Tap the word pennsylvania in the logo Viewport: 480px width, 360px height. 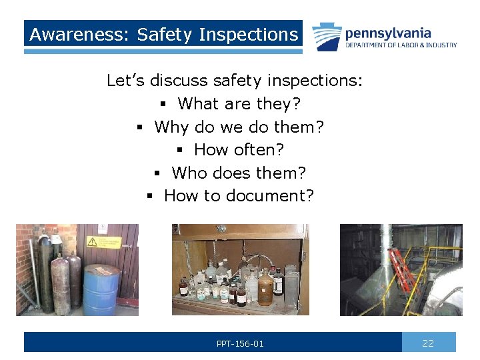[387, 33]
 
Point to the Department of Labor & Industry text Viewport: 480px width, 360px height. [401, 45]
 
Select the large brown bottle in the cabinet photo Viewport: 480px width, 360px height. [266, 287]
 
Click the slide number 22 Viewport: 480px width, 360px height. [428, 343]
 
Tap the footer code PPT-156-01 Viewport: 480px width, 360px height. [240, 343]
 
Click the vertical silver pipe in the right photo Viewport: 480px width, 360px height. [385, 253]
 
